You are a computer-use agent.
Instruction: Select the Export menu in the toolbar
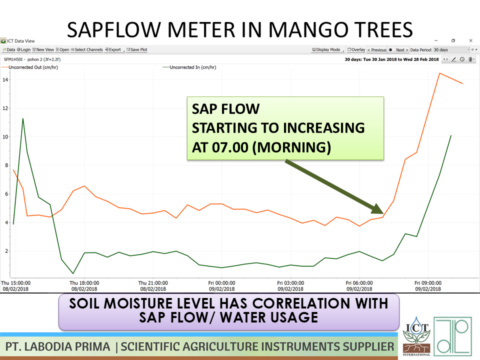coord(114,50)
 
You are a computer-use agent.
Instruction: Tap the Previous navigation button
coord(377,50)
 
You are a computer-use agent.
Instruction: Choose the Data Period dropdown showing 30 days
coord(451,50)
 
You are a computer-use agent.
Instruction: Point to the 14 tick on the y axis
coord(4,80)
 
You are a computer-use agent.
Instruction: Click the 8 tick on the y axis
coord(4,165)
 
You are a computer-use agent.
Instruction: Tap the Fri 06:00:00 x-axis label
coord(359,282)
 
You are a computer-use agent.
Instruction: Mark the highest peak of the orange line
coord(439,73)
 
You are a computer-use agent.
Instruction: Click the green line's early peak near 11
coord(23,118)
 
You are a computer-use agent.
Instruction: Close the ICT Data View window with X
coord(470,40)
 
